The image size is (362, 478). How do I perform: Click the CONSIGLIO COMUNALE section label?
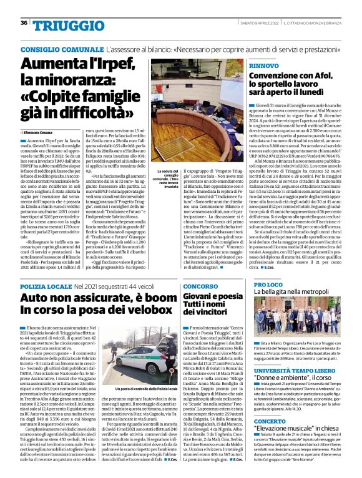click(x=61, y=49)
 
